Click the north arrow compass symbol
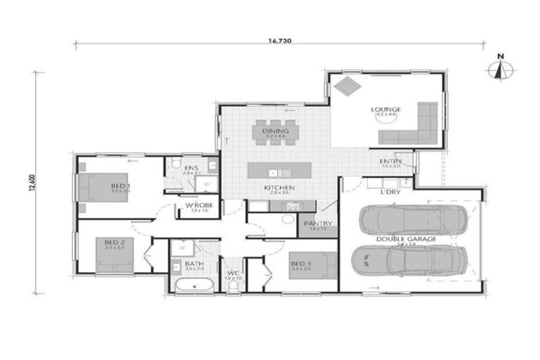click(500, 70)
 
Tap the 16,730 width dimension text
click(279, 41)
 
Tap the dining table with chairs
click(276, 132)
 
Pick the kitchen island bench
click(279, 171)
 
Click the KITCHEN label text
click(278, 188)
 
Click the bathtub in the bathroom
click(192, 285)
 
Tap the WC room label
click(233, 271)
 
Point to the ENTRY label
click(390, 161)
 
